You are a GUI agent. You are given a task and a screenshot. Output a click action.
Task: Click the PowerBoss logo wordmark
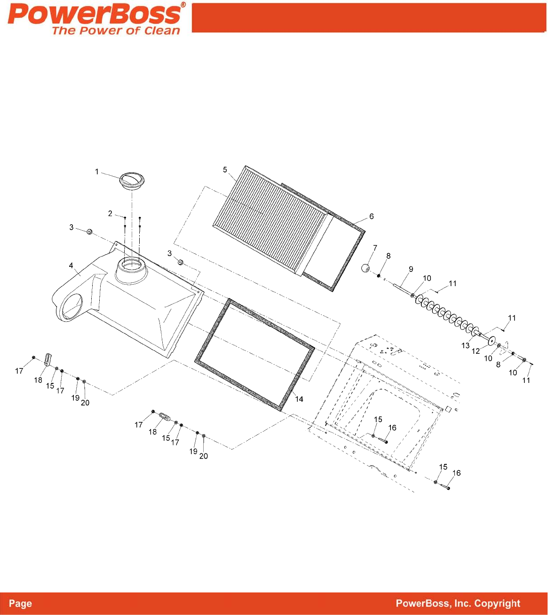[94, 14]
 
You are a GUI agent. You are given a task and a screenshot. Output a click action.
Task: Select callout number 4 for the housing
[71, 266]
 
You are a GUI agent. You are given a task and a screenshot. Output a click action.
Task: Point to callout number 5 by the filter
[225, 170]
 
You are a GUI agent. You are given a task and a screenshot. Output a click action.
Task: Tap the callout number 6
[372, 217]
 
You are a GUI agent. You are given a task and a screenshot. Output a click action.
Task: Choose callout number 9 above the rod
[411, 269]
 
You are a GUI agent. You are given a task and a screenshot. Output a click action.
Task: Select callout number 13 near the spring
[465, 346]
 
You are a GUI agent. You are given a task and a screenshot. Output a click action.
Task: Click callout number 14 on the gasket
[299, 399]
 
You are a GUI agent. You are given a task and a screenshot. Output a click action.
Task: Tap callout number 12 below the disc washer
[476, 351]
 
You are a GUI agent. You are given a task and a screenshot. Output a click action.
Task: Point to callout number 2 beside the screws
[110, 214]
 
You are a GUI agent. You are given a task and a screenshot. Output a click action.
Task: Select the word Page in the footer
[21, 604]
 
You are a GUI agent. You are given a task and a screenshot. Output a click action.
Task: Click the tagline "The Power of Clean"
[116, 31]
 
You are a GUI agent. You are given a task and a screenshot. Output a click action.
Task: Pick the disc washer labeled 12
[492, 339]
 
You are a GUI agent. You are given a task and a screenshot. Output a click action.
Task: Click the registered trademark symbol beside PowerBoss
[183, 5]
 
